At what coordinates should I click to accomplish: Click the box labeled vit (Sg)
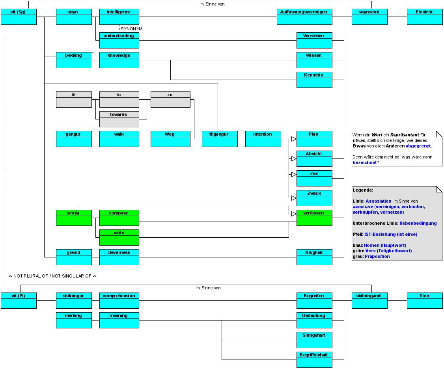(x=19, y=17)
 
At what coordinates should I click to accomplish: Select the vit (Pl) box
(x=19, y=300)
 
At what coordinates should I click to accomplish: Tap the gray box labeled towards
(x=119, y=119)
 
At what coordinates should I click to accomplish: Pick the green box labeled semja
(x=74, y=218)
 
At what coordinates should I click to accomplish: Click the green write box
(x=119, y=237)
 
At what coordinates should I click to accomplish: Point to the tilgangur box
(x=220, y=139)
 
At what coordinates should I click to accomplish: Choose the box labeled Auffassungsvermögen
(x=304, y=17)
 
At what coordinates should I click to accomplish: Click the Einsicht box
(x=424, y=17)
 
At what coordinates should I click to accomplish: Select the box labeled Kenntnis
(x=314, y=80)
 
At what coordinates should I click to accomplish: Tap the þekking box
(x=74, y=60)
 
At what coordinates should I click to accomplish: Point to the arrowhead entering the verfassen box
(x=293, y=214)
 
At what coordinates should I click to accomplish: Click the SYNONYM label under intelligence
(x=131, y=29)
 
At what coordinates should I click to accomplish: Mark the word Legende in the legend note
(x=362, y=190)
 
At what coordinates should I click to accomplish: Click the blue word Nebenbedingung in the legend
(x=418, y=223)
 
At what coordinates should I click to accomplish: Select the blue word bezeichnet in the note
(x=364, y=162)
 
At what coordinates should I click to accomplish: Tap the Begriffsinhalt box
(x=314, y=360)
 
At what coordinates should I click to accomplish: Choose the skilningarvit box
(x=369, y=300)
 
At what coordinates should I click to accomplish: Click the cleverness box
(x=119, y=257)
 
